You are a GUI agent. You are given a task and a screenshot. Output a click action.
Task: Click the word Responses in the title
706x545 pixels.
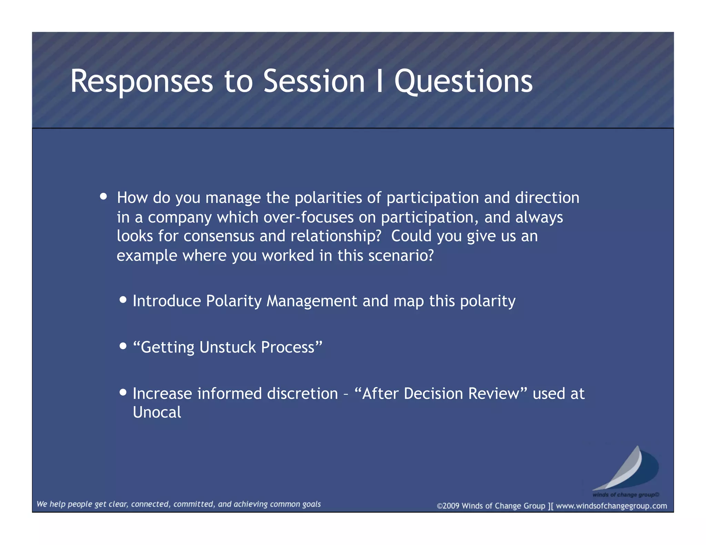point(141,81)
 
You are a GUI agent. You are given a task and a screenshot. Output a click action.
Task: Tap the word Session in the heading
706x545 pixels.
point(314,81)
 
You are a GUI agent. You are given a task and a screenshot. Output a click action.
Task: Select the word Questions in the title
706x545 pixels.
point(463,81)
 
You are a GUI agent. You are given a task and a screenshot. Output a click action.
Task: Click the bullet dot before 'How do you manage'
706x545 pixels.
point(103,196)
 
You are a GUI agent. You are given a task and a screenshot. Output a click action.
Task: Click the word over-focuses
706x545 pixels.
point(309,217)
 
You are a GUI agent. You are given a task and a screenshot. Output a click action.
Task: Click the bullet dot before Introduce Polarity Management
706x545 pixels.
point(123,299)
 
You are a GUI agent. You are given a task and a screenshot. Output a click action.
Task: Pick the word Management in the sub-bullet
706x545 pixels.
point(312,301)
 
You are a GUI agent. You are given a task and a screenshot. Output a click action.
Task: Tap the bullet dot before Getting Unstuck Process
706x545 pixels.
point(123,346)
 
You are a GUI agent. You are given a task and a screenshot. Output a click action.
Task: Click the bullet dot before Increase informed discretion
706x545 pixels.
point(123,392)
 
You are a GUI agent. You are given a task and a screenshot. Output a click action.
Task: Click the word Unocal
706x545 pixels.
point(157,412)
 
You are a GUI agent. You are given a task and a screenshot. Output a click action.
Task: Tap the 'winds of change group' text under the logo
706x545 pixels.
point(625,495)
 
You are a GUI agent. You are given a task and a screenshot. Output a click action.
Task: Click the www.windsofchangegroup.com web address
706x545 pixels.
point(611,506)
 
